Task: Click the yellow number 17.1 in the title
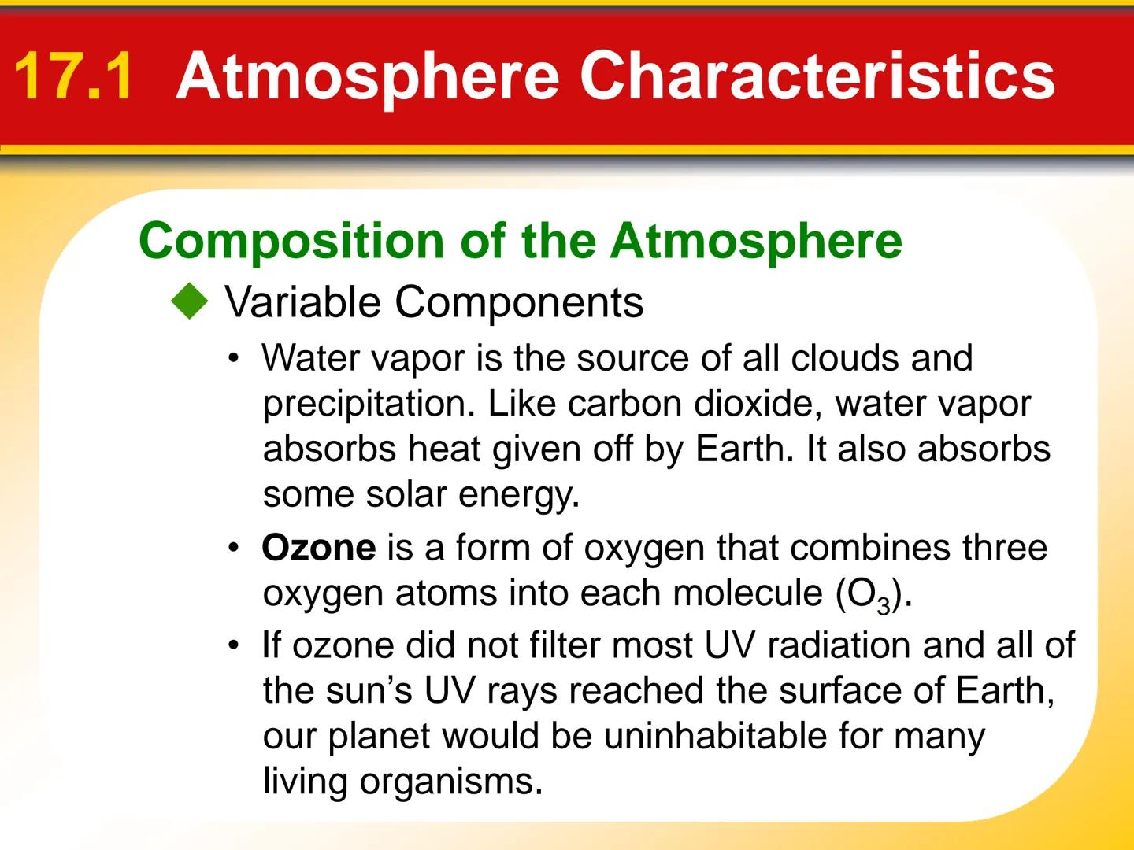point(72,76)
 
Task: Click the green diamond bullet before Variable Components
point(190,302)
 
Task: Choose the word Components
point(519,302)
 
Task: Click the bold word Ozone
point(319,548)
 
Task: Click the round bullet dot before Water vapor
point(233,359)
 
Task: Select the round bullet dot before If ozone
point(233,646)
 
